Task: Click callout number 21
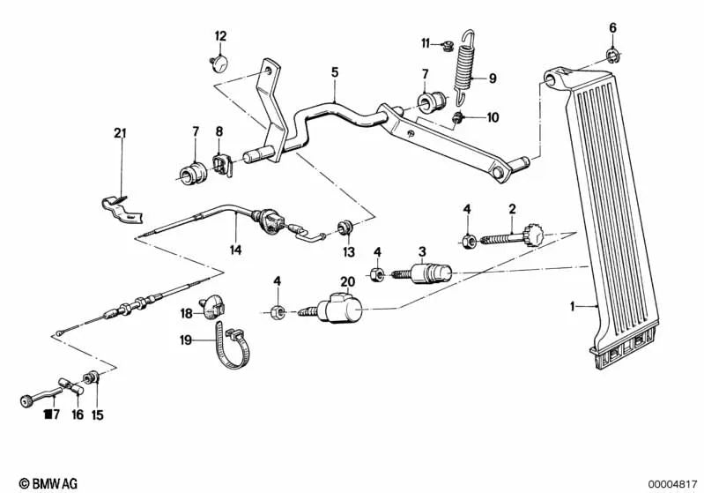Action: [x=121, y=133]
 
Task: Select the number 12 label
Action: [x=220, y=36]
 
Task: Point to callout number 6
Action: [x=613, y=27]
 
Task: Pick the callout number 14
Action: [x=235, y=250]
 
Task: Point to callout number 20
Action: [x=347, y=281]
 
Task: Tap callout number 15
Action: [x=97, y=414]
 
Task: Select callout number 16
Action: [x=78, y=414]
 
